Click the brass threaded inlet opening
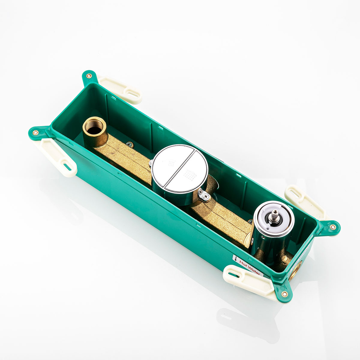tap(95, 126)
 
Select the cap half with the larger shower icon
tap(188, 173)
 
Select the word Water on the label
tap(254, 270)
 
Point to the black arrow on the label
tap(235, 259)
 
